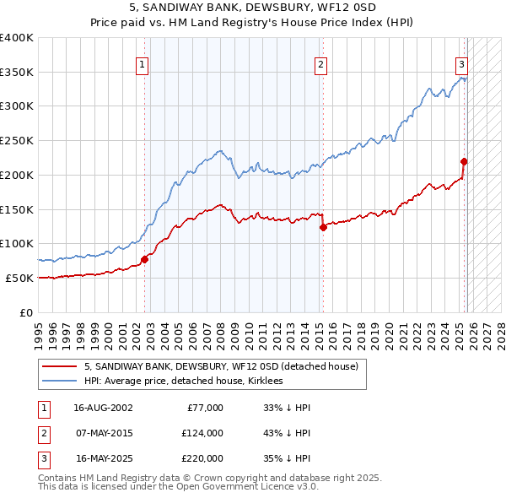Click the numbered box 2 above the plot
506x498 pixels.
[320, 63]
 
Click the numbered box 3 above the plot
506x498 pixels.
[462, 63]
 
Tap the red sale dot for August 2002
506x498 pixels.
[144, 259]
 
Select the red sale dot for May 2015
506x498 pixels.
[323, 227]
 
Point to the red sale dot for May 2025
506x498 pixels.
[464, 161]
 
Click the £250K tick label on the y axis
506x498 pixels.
[17, 141]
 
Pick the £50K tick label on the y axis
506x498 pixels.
[19, 278]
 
